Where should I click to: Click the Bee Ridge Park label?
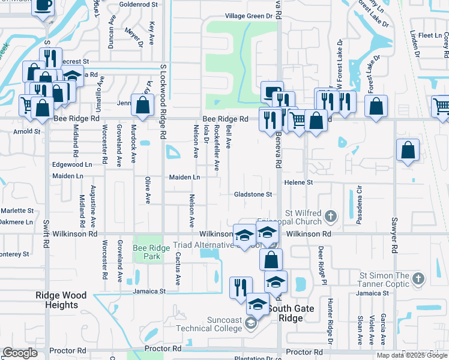coord(148,252)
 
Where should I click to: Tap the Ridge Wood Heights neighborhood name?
coord(61,300)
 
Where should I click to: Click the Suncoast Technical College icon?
coord(250,325)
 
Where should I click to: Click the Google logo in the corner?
coord(20,353)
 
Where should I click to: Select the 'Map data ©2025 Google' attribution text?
coord(412,355)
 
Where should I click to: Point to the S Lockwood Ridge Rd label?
coord(163,96)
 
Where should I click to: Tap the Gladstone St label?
coord(253,194)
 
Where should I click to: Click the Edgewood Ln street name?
coord(73,164)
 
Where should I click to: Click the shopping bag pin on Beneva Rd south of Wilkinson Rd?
coord(271,259)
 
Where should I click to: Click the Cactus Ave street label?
coord(178,268)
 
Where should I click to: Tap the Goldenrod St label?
coord(138,4)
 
